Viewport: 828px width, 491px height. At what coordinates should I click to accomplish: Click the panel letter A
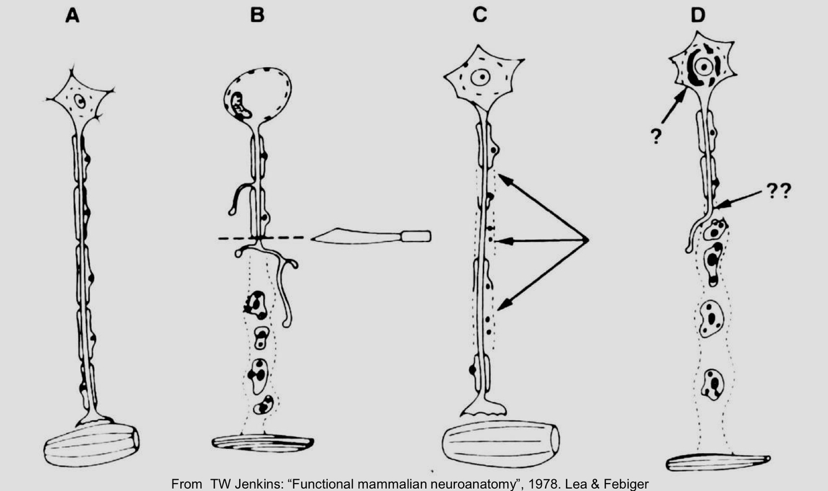pyautogui.click(x=73, y=16)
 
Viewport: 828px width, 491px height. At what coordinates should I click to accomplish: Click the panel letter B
pyautogui.click(x=256, y=16)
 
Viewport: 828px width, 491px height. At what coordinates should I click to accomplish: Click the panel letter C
pyautogui.click(x=479, y=16)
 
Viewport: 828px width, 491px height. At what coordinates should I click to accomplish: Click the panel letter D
pyautogui.click(x=698, y=16)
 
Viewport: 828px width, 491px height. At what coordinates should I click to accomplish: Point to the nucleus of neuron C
pyautogui.click(x=479, y=78)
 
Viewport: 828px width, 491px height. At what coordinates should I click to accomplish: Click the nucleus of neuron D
pyautogui.click(x=703, y=67)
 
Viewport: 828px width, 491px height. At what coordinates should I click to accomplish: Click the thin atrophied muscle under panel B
pyautogui.click(x=263, y=443)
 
